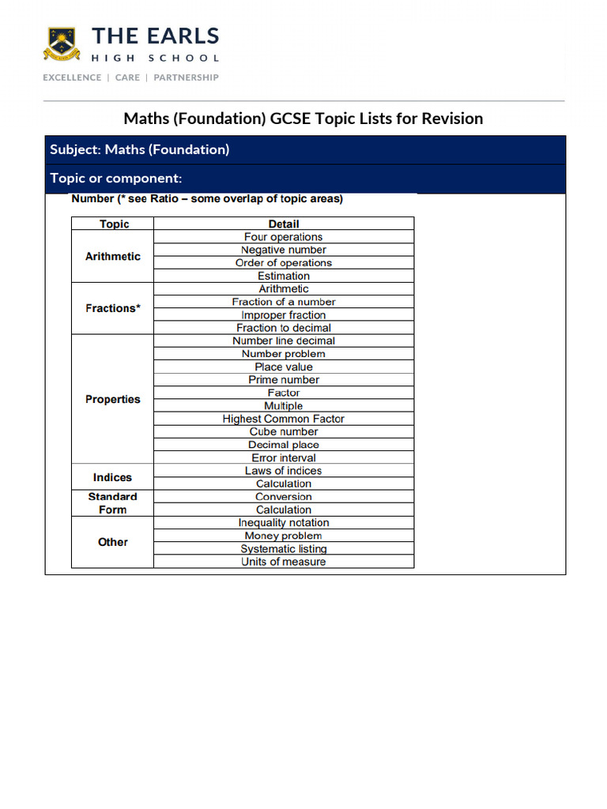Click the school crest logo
62,44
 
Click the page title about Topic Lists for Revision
303,119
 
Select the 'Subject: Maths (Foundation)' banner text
139,149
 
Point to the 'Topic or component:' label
116,178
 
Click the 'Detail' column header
283,224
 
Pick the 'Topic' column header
114,224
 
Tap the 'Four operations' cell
283,237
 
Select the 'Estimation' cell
283,276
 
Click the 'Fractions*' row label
113,308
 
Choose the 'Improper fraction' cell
283,314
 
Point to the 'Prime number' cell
283,379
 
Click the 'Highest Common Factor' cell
283,419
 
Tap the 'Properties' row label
113,399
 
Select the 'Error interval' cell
283,457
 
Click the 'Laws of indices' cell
283,470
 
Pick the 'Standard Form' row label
112,503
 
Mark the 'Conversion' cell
283,497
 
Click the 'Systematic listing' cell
283,548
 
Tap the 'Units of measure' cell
283,562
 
